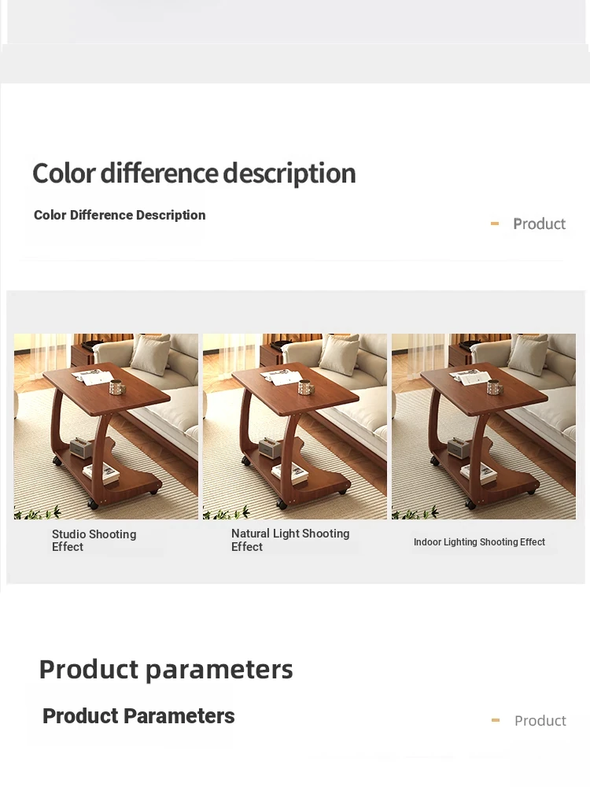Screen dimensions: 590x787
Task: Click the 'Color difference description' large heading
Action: coord(194,174)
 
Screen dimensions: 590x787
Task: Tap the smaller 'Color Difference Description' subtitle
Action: coord(120,215)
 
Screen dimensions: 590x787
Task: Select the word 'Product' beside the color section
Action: coord(540,224)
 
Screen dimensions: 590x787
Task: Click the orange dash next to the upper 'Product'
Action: coord(495,224)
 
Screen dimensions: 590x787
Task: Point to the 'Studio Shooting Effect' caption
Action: coord(94,540)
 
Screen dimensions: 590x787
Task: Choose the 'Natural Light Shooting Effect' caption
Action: coord(290,540)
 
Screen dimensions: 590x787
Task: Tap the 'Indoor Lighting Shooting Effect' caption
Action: coord(479,542)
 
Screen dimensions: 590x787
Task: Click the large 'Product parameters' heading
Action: coord(166,670)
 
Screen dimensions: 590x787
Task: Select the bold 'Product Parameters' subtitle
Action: coord(138,716)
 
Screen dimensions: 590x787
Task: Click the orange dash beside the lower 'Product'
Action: coord(496,720)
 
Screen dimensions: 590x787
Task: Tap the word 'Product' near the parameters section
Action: coord(540,721)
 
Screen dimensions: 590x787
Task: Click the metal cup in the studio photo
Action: coord(117,387)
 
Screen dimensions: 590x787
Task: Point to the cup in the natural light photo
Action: coord(305,387)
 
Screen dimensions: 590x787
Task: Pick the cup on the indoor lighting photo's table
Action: coord(495,387)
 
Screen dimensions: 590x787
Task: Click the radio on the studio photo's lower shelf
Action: coord(80,447)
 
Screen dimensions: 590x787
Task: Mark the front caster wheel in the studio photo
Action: coord(93,504)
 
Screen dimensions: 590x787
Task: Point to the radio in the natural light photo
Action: coord(269,447)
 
